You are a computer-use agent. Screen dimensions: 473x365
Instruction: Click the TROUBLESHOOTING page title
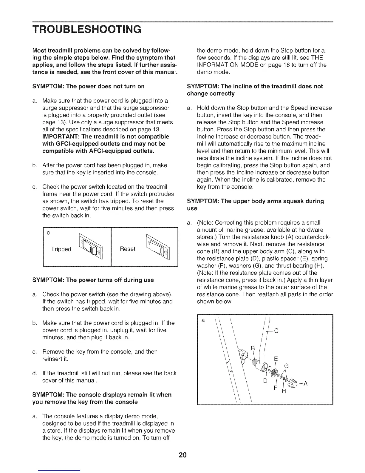coord(87,29)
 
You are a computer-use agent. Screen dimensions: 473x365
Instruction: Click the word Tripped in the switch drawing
coord(61,249)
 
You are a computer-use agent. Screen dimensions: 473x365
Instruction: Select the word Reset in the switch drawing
coord(127,249)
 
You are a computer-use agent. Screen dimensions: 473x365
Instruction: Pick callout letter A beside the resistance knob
coord(305,384)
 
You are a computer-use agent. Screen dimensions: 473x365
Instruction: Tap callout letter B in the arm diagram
coord(253,348)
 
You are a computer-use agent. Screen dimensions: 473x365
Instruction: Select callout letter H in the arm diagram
coord(284,391)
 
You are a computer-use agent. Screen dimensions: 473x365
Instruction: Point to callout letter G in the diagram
coord(287,366)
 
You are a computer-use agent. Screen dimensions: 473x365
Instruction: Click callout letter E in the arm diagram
coord(276,359)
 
